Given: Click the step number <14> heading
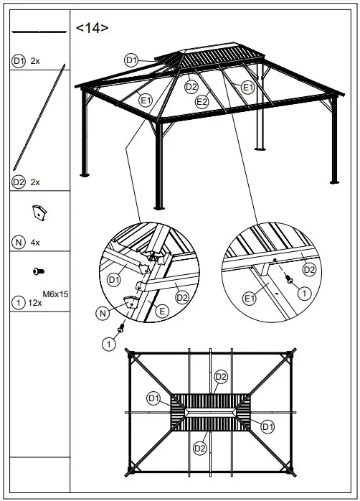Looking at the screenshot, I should click(93, 28).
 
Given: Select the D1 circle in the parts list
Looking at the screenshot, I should click(19, 61).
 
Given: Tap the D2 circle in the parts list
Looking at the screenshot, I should click(19, 182).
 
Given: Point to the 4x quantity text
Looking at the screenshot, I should click(35, 243).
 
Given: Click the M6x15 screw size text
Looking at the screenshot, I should click(55, 294).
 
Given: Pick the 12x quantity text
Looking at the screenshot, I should click(34, 303).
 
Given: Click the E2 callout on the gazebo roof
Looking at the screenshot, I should click(202, 102).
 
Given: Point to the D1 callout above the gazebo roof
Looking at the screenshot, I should click(131, 60).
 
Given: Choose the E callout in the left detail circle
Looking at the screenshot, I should click(162, 311).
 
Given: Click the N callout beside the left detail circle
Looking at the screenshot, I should click(103, 312).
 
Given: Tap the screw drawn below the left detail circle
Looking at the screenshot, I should click(122, 329).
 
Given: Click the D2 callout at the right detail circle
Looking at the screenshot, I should click(309, 269).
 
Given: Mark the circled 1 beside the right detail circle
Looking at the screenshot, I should click(304, 293).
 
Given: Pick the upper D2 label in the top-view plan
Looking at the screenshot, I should click(221, 376).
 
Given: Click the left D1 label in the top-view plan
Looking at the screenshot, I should click(153, 398).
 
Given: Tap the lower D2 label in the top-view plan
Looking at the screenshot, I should click(201, 449).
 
